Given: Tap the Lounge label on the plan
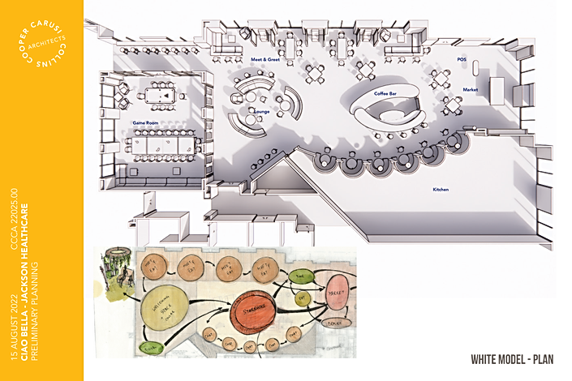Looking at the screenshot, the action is pyautogui.click(x=261, y=110).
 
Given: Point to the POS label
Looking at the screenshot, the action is pyautogui.click(x=462, y=60).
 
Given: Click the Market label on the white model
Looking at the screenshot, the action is pyautogui.click(x=471, y=89).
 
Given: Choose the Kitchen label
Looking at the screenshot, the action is pyautogui.click(x=441, y=190).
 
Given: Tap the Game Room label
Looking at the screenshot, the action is pyautogui.click(x=145, y=122).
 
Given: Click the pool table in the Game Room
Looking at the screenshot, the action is pyautogui.click(x=165, y=95).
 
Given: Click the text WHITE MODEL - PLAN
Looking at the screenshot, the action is pyautogui.click(x=512, y=358).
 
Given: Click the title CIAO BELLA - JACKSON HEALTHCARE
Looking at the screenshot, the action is pyautogui.click(x=28, y=276).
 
